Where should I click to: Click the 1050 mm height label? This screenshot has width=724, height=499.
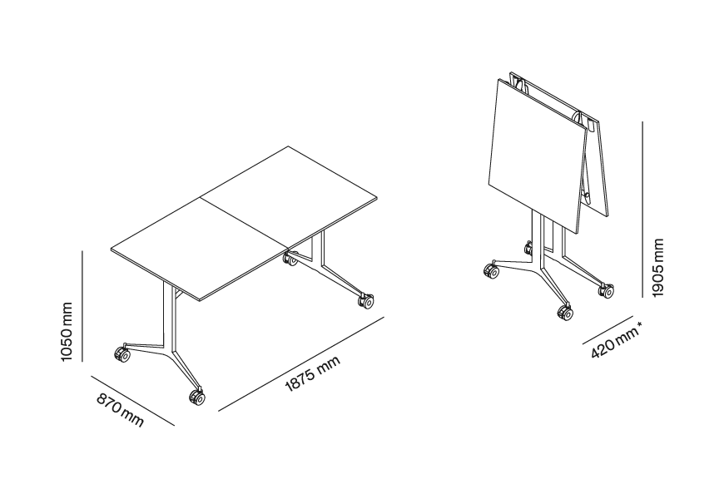[67, 332]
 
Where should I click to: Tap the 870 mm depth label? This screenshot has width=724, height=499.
[121, 410]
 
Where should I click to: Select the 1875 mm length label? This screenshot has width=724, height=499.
[313, 374]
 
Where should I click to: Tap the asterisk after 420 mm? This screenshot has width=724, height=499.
[639, 326]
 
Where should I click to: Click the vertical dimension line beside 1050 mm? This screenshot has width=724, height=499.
[82, 305]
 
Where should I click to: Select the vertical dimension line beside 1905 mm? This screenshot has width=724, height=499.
[642, 210]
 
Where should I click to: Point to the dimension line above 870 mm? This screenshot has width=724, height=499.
[133, 401]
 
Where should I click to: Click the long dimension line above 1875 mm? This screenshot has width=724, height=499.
[301, 363]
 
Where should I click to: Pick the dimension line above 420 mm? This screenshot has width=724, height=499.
[607, 330]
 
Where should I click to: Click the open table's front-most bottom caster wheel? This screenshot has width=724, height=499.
[196, 397]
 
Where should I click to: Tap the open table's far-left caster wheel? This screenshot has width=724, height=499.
[121, 354]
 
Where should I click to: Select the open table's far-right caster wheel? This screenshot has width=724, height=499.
[365, 301]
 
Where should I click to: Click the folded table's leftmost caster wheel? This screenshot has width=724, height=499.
[491, 271]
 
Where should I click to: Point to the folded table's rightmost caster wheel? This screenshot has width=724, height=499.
[607, 290]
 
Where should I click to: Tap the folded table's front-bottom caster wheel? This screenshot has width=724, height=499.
[566, 312]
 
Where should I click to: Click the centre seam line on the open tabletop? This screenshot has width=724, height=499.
[244, 225]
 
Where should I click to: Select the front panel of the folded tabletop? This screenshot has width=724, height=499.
[537, 156]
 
